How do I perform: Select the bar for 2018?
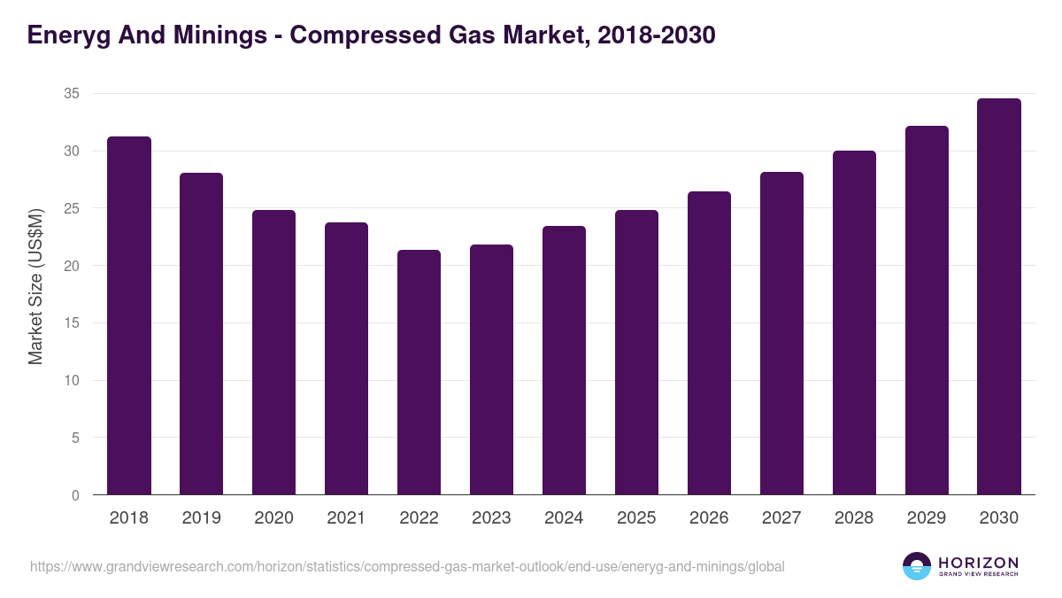[x=129, y=315]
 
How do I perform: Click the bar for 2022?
[x=419, y=372]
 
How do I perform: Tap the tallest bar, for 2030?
[x=999, y=297]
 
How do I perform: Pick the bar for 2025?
[x=636, y=353]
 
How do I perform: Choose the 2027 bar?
[x=781, y=333]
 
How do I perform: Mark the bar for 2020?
[x=273, y=353]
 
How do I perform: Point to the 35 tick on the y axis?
[x=72, y=94]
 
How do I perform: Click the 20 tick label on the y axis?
[x=72, y=266]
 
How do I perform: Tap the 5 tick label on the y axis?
[x=75, y=438]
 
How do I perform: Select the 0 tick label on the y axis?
[x=75, y=495]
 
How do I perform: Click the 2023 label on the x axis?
[x=491, y=518]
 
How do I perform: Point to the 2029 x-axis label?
[x=927, y=518]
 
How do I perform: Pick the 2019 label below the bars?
[x=201, y=518]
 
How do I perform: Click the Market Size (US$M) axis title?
[x=35, y=287]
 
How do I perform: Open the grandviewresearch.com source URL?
[x=407, y=566]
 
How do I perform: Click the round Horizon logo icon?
[x=917, y=566]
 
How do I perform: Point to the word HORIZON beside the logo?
[x=978, y=563]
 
